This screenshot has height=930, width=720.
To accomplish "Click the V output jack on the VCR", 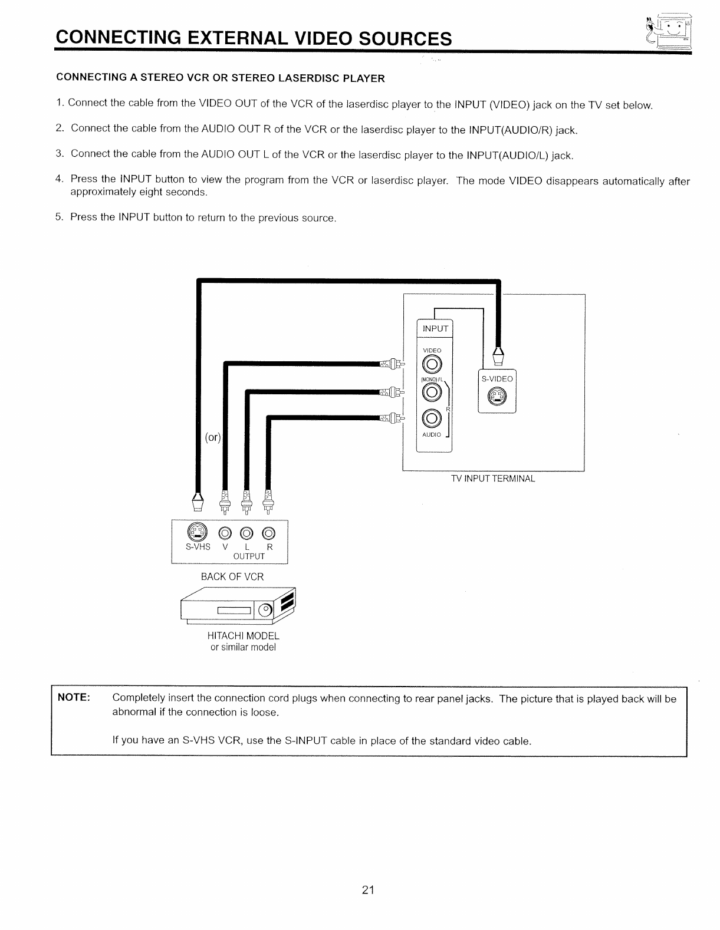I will [225, 534].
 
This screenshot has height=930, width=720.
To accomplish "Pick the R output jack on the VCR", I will [269, 534].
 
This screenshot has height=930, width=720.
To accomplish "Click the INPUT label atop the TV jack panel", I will [435, 328].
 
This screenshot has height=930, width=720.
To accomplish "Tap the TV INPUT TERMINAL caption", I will [493, 479].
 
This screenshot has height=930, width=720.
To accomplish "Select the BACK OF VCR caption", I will [232, 576].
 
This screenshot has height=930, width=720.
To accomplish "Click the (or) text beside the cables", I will [212, 437].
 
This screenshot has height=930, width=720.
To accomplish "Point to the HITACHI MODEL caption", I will [243, 636].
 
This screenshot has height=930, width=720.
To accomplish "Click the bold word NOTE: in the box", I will [73, 698].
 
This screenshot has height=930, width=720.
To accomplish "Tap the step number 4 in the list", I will [59, 179].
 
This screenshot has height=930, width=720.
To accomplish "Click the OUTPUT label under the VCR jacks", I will [249, 556].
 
